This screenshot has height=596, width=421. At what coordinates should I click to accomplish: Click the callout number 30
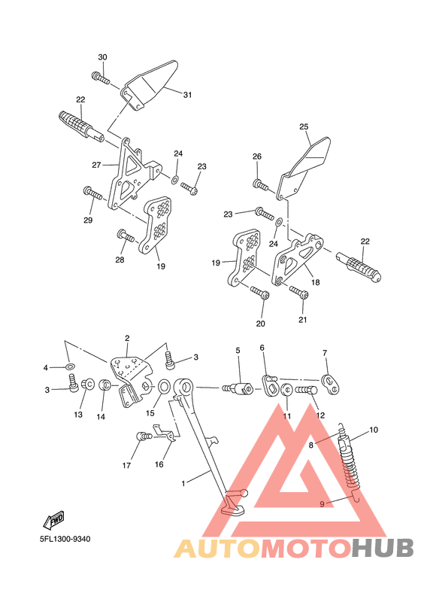[x=102, y=57]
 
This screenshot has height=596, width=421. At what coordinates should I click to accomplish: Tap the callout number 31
[x=187, y=95]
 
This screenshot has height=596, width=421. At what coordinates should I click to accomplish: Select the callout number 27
[x=96, y=165]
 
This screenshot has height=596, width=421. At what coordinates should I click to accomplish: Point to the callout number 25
[x=304, y=126]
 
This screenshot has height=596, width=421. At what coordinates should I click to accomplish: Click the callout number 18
[x=316, y=282]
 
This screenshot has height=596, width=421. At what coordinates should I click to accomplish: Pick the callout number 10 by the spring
[x=374, y=430]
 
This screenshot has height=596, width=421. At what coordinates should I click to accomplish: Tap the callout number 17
[x=126, y=465]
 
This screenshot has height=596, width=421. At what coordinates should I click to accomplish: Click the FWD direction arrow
[x=53, y=519]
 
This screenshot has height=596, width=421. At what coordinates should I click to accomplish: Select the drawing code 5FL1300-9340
[x=65, y=539]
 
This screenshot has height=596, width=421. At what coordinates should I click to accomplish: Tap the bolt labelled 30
[x=101, y=78]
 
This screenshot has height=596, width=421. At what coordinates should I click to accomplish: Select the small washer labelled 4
[x=70, y=366]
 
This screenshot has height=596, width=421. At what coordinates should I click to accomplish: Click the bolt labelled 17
[x=144, y=436]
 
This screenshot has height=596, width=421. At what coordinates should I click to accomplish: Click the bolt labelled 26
[x=261, y=184]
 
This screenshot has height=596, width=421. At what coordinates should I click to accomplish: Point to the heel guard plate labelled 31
[x=150, y=84]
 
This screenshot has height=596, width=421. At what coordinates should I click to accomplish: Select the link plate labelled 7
[x=331, y=384]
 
